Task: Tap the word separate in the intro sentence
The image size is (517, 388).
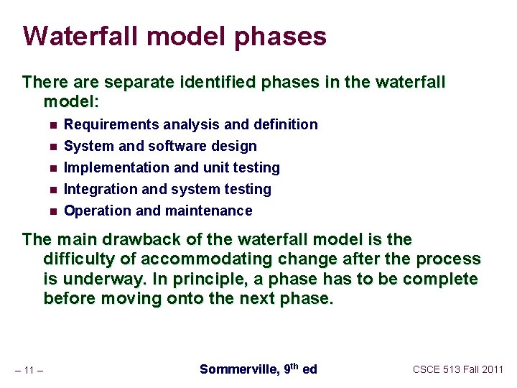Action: (131, 83)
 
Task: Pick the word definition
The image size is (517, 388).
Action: (286, 125)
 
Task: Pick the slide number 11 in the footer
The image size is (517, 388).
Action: (29, 370)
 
